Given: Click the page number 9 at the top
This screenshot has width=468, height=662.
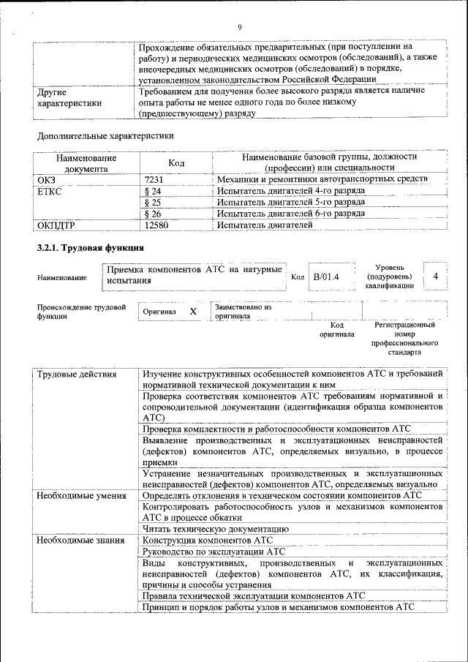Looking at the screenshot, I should point(239,28).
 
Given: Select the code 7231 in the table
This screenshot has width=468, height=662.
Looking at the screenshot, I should point(154,179).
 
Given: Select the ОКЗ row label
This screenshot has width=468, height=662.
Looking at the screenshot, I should point(46,179).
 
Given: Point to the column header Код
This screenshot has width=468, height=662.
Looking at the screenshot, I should point(176,162).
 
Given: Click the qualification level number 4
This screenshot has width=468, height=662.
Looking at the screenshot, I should point(436,277).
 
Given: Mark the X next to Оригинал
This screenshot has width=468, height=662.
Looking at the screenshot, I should point(193,312).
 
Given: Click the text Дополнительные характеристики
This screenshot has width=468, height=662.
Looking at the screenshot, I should point(105,135).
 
